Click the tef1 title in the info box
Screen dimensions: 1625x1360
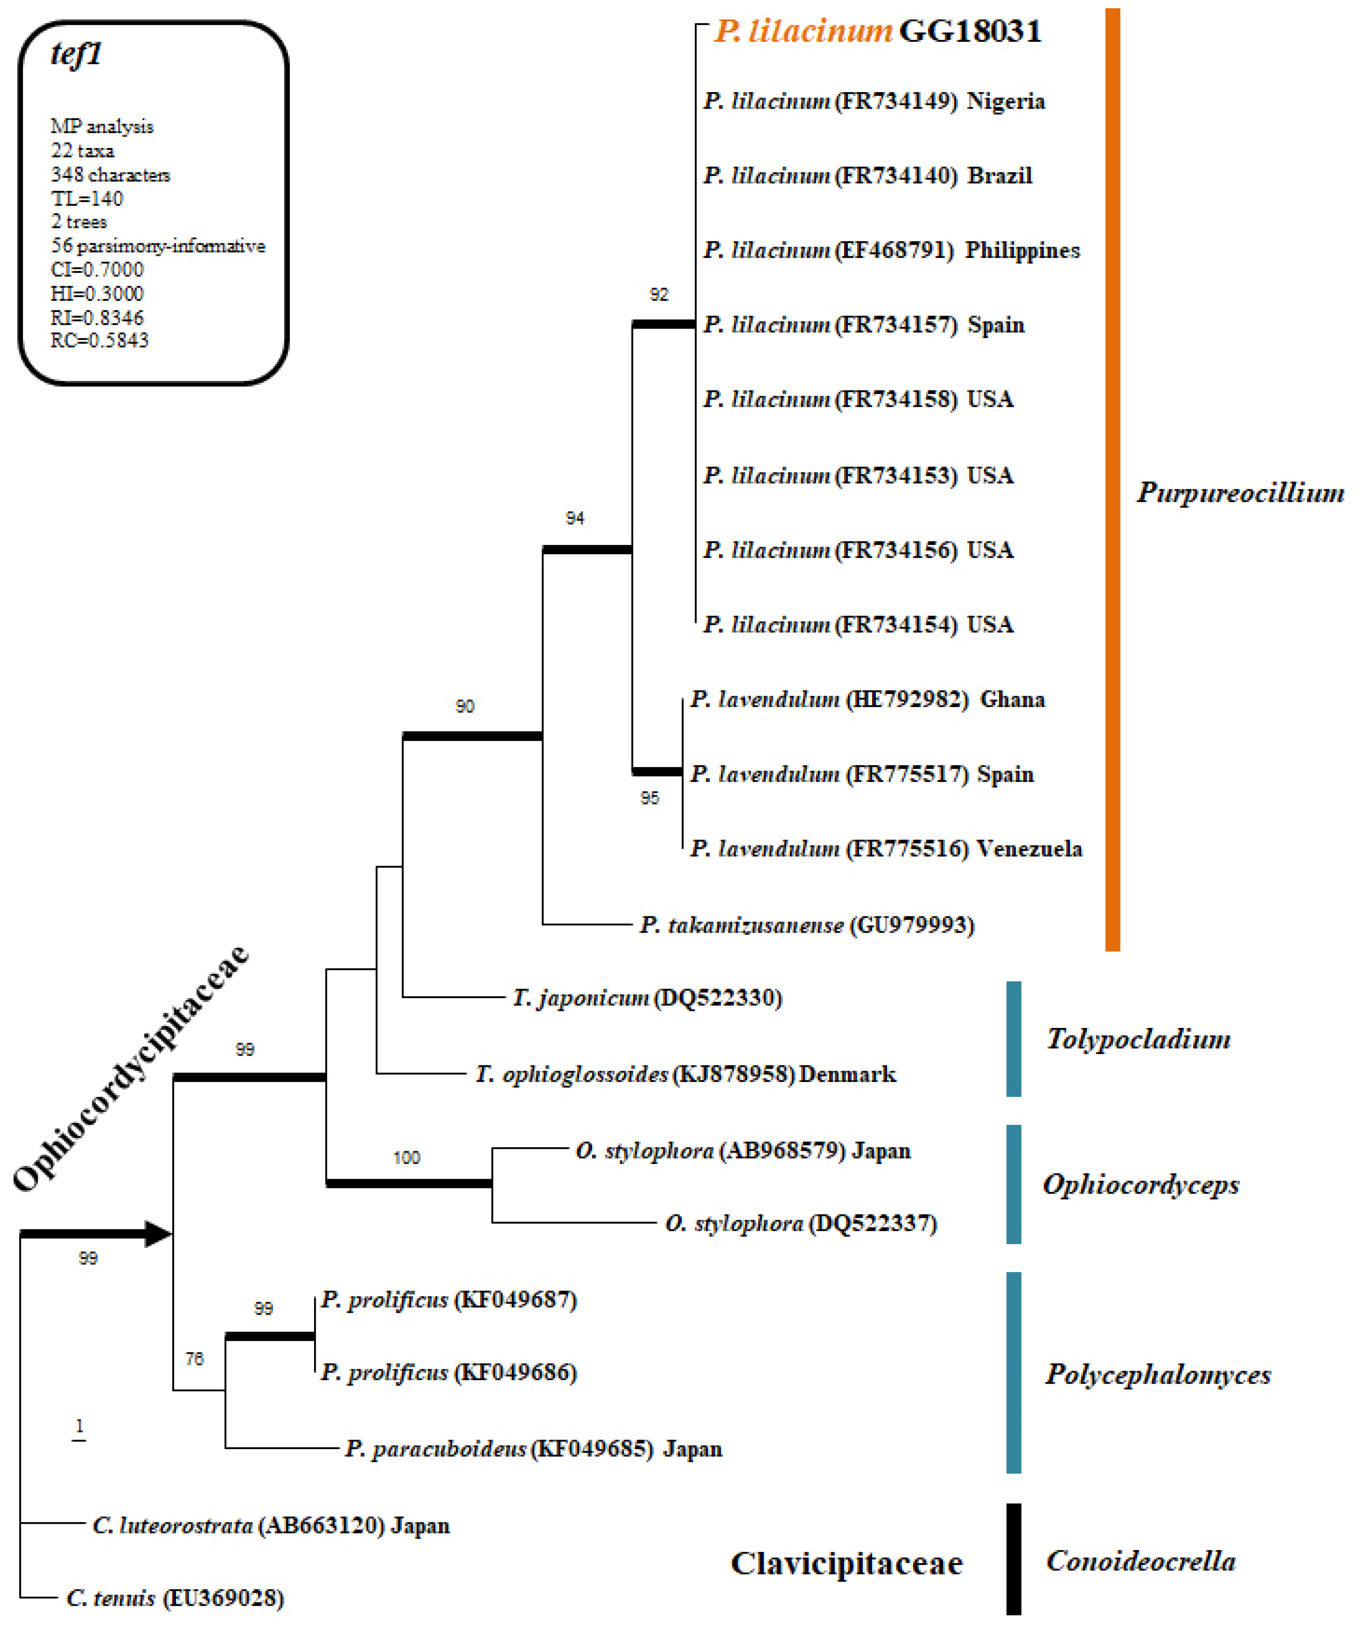[x=76, y=54]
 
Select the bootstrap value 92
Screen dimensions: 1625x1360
[x=658, y=295]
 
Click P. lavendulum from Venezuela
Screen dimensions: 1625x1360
[x=886, y=849]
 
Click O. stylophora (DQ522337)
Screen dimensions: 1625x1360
[x=801, y=1223]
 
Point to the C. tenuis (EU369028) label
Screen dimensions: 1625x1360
[x=175, y=1598]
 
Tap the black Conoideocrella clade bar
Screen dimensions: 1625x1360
[x=1014, y=1559]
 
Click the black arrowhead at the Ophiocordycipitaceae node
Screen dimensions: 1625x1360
[x=159, y=1234]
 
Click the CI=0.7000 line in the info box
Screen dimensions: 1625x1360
[x=97, y=270]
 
